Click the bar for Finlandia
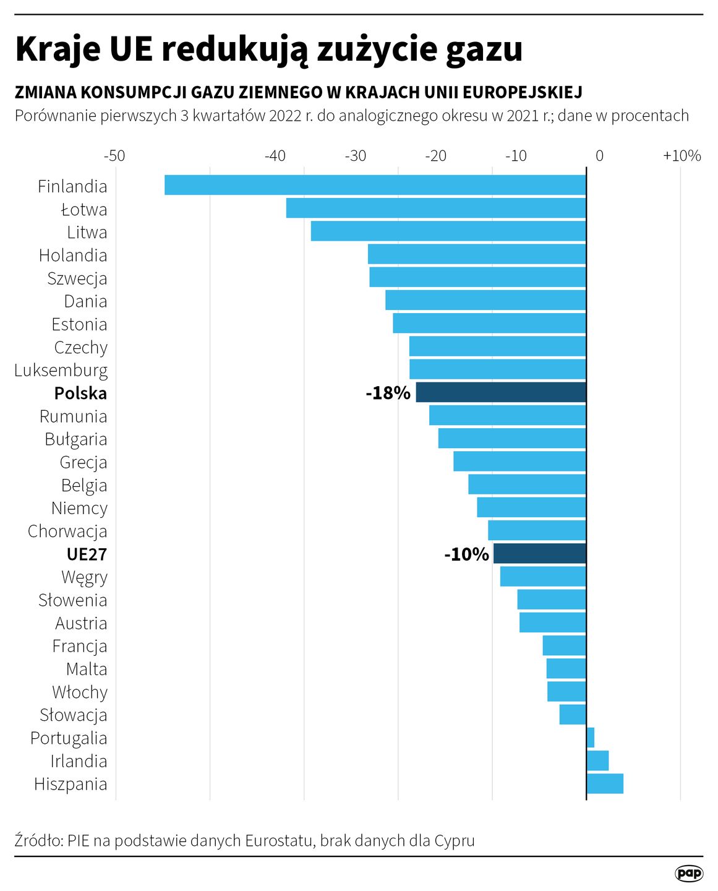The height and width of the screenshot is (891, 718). (x=375, y=185)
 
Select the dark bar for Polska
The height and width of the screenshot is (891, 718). (x=501, y=392)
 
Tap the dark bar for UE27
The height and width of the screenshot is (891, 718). (x=539, y=553)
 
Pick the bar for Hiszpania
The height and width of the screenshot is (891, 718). (x=605, y=783)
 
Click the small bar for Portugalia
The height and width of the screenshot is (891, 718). (x=591, y=738)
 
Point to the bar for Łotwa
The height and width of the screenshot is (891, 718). (x=436, y=208)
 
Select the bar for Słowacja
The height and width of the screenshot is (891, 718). (x=573, y=715)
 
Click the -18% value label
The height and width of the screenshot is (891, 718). (x=388, y=393)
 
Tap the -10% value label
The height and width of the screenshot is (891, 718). (x=466, y=554)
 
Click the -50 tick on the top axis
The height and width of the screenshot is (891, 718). (x=114, y=156)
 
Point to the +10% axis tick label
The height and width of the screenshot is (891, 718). (x=682, y=156)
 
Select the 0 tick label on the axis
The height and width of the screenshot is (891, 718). (x=599, y=156)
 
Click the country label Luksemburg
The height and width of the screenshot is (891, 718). (x=61, y=370)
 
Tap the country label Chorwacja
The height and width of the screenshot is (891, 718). (x=67, y=531)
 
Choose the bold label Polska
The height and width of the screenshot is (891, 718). (x=80, y=393)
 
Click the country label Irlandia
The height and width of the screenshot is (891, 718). (x=79, y=761)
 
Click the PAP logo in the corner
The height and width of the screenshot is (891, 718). (x=688, y=873)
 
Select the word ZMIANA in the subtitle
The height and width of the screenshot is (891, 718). (x=45, y=92)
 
